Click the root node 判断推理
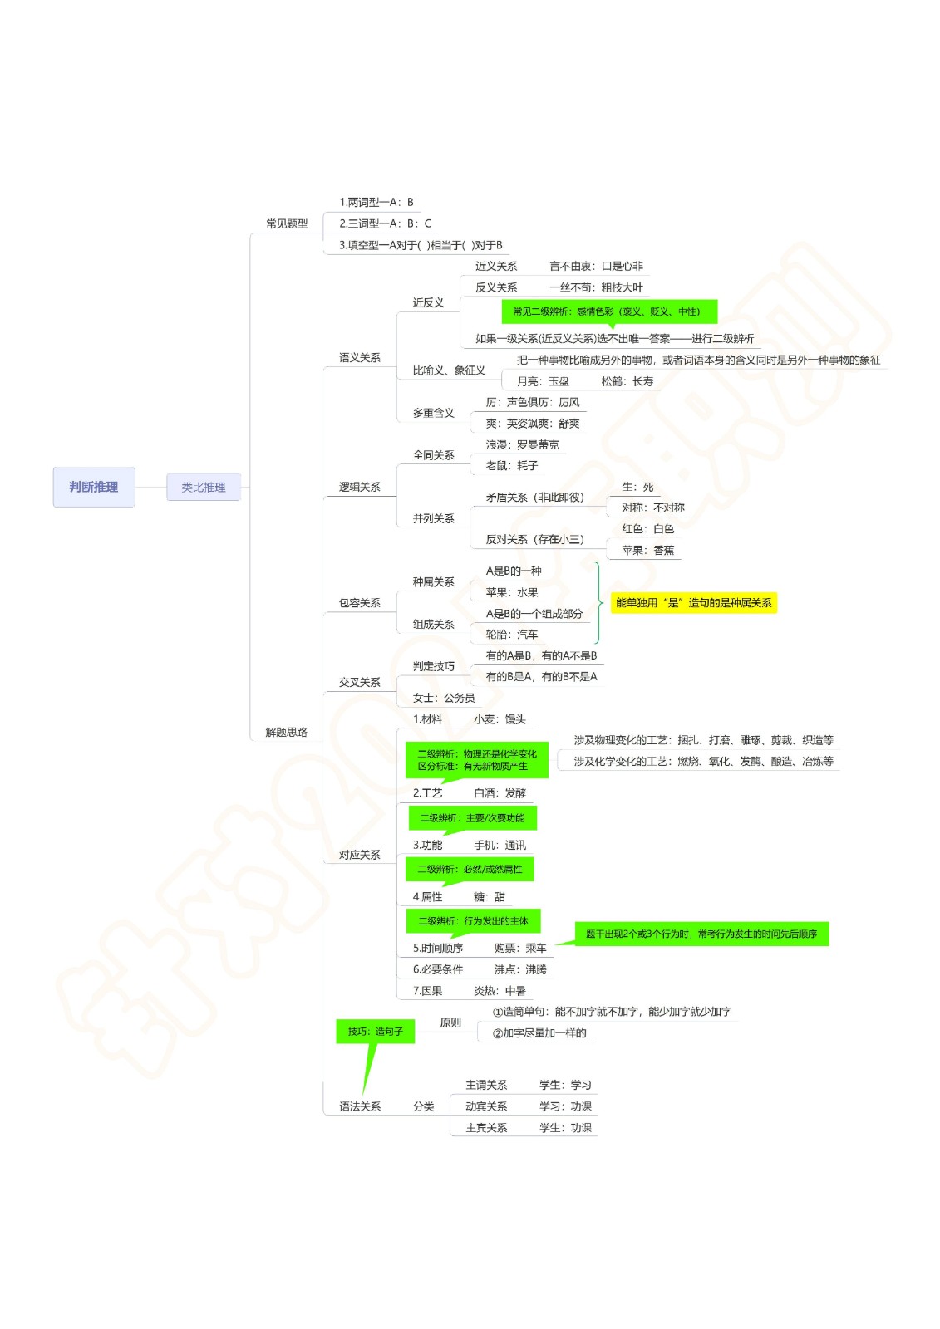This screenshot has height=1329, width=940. tap(94, 487)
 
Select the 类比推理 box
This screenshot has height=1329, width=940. tap(203, 487)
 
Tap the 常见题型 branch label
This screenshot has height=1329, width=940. tap(287, 223)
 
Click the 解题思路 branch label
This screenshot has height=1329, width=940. tap(286, 732)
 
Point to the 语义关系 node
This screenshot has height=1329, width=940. tap(359, 357)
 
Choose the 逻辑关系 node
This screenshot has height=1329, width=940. tap(359, 487)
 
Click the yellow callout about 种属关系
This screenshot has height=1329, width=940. tap(693, 603)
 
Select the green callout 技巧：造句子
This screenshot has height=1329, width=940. tap(376, 1032)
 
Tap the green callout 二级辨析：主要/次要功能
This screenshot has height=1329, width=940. tap(472, 818)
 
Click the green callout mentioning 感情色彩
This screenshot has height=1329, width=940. tap(609, 311)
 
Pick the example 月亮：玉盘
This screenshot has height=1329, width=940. tap(543, 381)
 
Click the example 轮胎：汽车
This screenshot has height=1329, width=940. tap(512, 635)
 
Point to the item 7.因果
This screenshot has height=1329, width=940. tap(427, 991)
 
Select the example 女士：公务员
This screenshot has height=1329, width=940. tap(444, 698)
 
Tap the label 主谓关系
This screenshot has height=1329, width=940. tap(486, 1085)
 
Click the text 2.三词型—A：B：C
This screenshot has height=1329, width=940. tap(386, 223)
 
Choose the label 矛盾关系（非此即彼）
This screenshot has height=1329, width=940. tap(535, 498)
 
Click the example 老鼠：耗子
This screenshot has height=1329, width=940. tap(512, 466)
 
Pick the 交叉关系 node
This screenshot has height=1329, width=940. tap(359, 682)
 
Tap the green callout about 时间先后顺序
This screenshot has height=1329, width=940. tap(701, 934)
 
